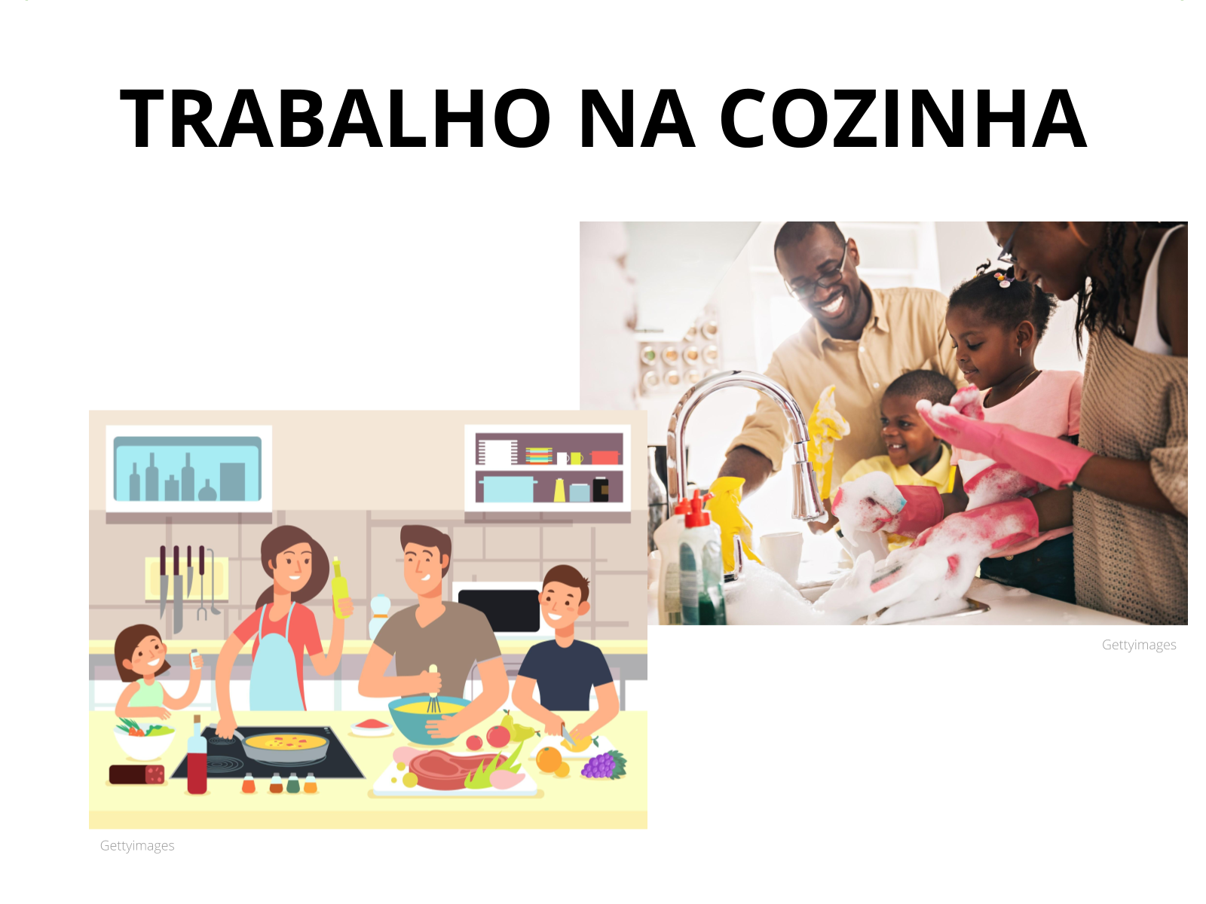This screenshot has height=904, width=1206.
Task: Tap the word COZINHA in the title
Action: pyautogui.click(x=902, y=118)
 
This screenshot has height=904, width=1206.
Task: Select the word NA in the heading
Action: pyautogui.click(x=637, y=118)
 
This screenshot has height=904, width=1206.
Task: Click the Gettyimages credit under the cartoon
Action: pyautogui.click(x=137, y=846)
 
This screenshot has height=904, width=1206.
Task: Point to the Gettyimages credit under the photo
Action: pyautogui.click(x=1138, y=645)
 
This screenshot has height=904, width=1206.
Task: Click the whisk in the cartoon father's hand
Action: pyautogui.click(x=433, y=689)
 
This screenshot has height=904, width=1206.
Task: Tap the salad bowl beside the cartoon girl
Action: pyautogui.click(x=144, y=739)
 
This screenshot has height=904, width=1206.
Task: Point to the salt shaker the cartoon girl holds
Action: pyautogui.click(x=194, y=658)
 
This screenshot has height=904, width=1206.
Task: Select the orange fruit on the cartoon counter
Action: pyautogui.click(x=549, y=759)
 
